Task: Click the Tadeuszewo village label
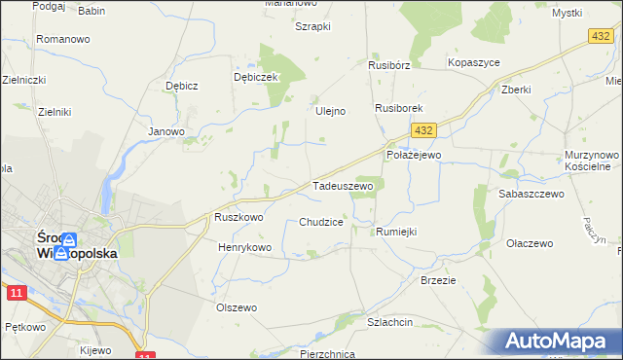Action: click(343, 185)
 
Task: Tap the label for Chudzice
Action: click(321, 222)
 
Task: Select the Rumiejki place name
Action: click(396, 232)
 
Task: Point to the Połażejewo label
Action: click(414, 155)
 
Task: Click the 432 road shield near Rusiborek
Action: click(422, 129)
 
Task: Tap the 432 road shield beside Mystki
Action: click(601, 35)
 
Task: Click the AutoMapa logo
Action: click(557, 342)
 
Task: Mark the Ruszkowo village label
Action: click(239, 218)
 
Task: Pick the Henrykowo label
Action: click(244, 248)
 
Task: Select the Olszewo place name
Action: click(236, 307)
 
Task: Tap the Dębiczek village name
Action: click(257, 77)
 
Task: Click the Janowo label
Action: click(165, 131)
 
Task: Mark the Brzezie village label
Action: click(438, 279)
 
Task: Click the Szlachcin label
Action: click(390, 321)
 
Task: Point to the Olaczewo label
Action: click(531, 243)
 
